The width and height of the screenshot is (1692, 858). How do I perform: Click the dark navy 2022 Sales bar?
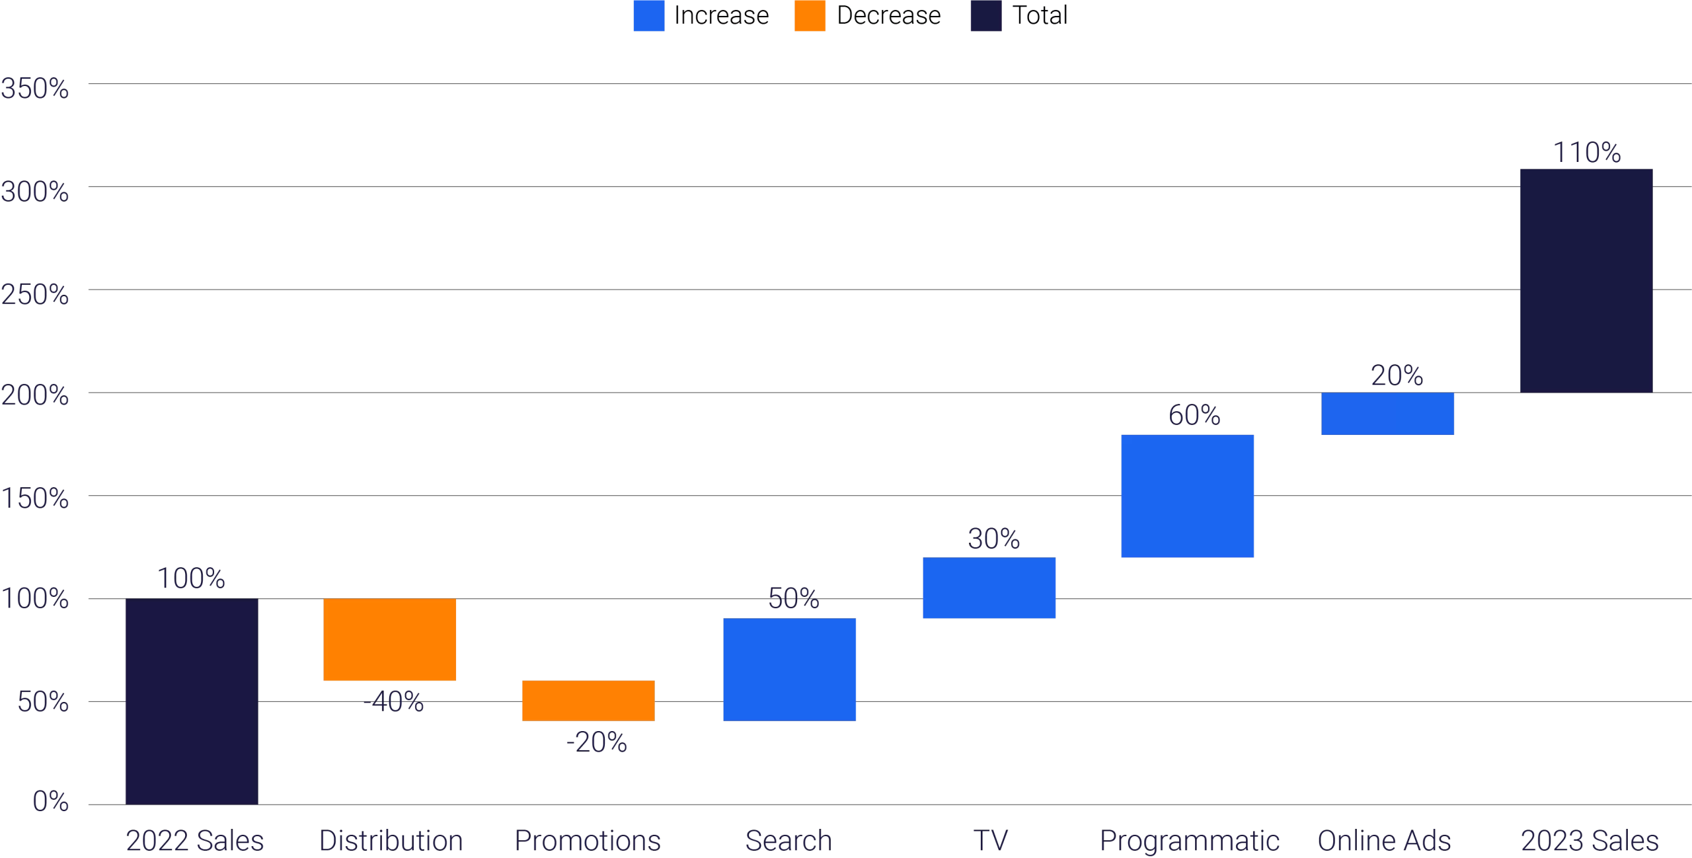[192, 701]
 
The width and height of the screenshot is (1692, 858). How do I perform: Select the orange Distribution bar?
[390, 639]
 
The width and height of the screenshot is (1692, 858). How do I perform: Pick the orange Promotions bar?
[588, 700]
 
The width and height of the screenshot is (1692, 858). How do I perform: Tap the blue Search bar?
[790, 669]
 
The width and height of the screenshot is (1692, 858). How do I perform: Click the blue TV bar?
[989, 588]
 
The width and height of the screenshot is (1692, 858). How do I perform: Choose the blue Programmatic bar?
[1188, 496]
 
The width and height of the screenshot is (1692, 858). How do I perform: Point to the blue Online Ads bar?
[1388, 414]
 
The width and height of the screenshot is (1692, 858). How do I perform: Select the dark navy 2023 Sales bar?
[1586, 281]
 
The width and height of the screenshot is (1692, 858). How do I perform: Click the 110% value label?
[1586, 153]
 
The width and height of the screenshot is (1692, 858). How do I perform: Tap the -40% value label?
[393, 701]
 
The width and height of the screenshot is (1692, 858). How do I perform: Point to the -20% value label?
[596, 742]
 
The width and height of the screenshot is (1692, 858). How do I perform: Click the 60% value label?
[1194, 415]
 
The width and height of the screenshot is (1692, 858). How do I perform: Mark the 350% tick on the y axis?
[34, 89]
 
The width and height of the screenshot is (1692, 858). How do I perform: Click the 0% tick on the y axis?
[50, 801]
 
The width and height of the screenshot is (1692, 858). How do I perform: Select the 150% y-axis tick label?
[34, 498]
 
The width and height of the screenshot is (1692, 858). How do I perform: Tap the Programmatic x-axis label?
[1189, 841]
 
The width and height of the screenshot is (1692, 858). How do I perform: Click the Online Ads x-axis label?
[1384, 841]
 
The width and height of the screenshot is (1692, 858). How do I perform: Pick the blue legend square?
[649, 15]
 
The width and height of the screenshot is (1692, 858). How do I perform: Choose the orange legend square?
[810, 15]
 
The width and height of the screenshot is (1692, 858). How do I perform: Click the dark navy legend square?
[986, 15]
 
